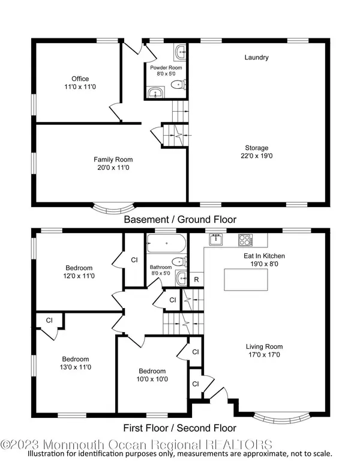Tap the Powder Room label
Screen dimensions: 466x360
pyautogui.click(x=166, y=68)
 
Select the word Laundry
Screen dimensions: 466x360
pyautogui.click(x=256, y=58)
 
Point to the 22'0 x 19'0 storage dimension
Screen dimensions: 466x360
pyautogui.click(x=256, y=156)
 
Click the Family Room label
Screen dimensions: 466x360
pyautogui.click(x=113, y=160)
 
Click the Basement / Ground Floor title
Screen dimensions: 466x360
pyautogui.click(x=180, y=220)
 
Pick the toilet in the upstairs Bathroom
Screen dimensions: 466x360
pyautogui.click(x=179, y=262)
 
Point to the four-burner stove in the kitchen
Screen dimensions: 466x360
pyautogui.click(x=246, y=240)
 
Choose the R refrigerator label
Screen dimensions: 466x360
pyautogui.click(x=196, y=280)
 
